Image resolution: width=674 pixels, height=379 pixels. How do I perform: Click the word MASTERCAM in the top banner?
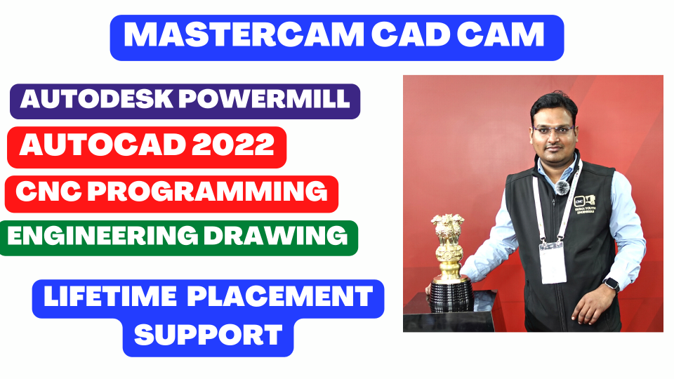pyautogui.click(x=244, y=34)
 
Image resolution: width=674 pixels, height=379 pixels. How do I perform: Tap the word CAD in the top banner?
pyautogui.click(x=409, y=34)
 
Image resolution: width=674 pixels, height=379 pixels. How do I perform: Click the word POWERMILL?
pyautogui.click(x=264, y=99)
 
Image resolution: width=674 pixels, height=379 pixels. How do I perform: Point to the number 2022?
pyautogui.click(x=232, y=145)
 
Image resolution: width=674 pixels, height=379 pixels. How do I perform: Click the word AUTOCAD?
pyautogui.click(x=103, y=145)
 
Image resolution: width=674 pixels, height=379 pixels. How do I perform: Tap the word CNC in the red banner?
pyautogui.click(x=48, y=192)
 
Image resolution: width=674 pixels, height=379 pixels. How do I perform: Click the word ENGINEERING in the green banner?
pyautogui.click(x=103, y=236)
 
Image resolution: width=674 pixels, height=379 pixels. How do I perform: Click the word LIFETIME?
pyautogui.click(x=110, y=296)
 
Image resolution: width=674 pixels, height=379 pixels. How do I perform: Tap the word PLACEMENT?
pyautogui.click(x=280, y=296)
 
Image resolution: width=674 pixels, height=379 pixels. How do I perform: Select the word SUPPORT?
pyautogui.click(x=209, y=335)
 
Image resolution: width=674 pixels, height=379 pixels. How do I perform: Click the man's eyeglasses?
pyautogui.click(x=554, y=131)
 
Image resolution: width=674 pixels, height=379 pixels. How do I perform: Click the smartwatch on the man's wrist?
pyautogui.click(x=611, y=284)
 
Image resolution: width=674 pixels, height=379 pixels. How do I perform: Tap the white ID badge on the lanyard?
pyautogui.click(x=553, y=263)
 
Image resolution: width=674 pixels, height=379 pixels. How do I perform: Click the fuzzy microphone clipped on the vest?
pyautogui.click(x=562, y=187)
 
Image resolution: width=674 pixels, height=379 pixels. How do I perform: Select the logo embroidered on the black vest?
pyautogui.click(x=585, y=204)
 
